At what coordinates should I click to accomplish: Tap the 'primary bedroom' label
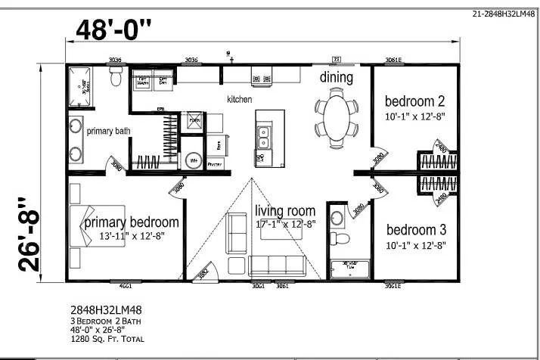(132, 222)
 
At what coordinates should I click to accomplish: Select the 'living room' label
(284, 211)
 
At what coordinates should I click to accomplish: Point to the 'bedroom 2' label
(414, 101)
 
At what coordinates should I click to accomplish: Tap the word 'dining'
(336, 77)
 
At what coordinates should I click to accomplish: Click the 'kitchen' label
(240, 99)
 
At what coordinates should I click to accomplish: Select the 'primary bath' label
(108, 131)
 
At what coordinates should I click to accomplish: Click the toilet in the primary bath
(116, 76)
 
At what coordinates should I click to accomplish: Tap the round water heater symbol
(193, 160)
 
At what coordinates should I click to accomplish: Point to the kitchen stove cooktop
(262, 76)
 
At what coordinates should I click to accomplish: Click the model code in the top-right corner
(501, 13)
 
